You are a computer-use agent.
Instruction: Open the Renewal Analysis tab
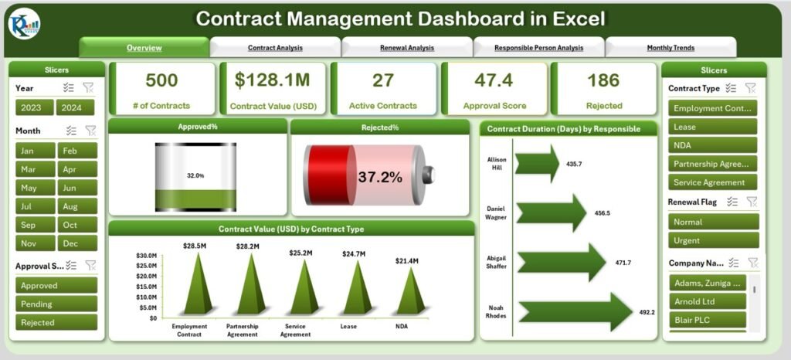(406, 48)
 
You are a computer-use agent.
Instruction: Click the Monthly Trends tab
(670, 48)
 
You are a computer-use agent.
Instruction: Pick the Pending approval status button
(56, 304)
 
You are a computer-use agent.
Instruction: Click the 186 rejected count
(603, 80)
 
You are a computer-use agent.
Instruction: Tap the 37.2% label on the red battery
(379, 177)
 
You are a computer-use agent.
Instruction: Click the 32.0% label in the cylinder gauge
(195, 176)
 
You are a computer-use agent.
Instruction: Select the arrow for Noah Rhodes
(575, 311)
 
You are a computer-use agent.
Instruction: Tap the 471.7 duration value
(622, 263)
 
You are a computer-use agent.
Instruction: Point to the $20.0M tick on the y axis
(148, 276)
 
